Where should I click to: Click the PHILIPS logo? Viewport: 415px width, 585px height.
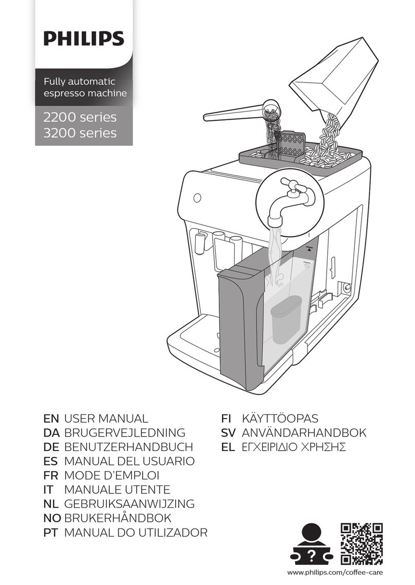point(83,39)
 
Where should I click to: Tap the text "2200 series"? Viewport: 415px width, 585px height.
point(77,118)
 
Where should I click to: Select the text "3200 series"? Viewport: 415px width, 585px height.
point(77,134)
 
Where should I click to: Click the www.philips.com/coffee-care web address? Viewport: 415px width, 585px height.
point(335,572)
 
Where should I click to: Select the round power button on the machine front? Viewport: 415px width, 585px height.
point(196,198)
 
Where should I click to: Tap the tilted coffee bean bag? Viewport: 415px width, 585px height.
point(334,82)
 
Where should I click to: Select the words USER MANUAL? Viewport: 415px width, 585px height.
point(106,419)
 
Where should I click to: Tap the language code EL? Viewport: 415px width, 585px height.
point(228,447)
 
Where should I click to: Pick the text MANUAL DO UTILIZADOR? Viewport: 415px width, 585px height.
point(136,532)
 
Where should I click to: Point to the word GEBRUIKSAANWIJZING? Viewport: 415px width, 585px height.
point(129,504)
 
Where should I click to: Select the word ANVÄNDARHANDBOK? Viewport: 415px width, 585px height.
point(304,433)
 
